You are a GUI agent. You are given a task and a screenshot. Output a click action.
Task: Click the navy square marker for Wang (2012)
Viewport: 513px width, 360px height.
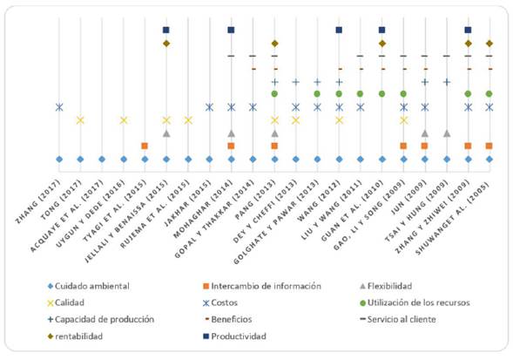(x=339, y=30)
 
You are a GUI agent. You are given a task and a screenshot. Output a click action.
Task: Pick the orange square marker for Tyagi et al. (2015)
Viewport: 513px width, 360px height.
(x=145, y=146)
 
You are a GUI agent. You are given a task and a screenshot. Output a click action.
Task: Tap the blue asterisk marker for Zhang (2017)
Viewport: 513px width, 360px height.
(x=59, y=107)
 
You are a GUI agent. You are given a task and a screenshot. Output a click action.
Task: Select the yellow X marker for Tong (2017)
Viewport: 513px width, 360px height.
(x=80, y=120)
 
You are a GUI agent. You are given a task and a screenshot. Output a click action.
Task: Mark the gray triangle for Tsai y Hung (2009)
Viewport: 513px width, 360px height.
(x=447, y=133)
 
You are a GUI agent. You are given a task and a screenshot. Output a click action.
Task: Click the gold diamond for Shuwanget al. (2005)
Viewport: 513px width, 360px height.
(x=489, y=43)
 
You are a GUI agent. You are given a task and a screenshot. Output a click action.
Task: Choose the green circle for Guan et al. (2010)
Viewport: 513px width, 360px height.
(x=381, y=93)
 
